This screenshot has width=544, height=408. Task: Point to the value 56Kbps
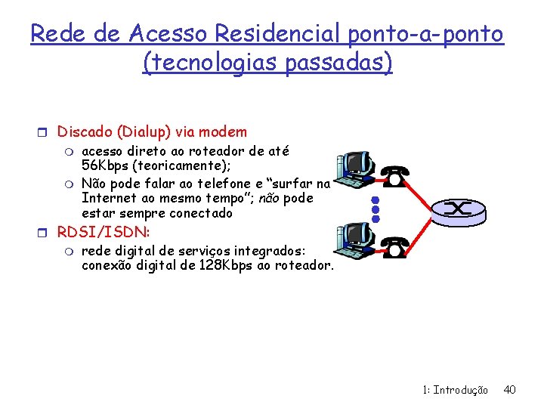[107, 165]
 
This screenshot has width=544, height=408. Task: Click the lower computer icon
[352, 242]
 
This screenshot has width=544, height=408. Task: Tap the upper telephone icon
[395, 175]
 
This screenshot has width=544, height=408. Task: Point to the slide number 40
[509, 390]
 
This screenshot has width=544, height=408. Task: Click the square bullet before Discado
[46, 132]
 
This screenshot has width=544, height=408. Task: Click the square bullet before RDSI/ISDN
[46, 232]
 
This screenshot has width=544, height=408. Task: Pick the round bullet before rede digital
[70, 251]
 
